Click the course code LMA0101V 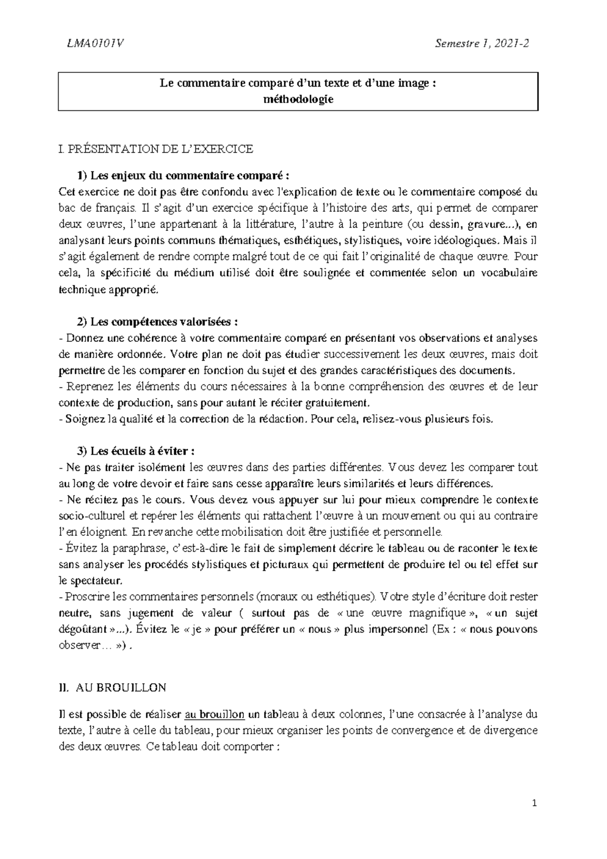91,44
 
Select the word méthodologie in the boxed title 299,99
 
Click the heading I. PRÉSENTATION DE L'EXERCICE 156,149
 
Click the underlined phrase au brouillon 215,715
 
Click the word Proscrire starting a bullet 85,597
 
